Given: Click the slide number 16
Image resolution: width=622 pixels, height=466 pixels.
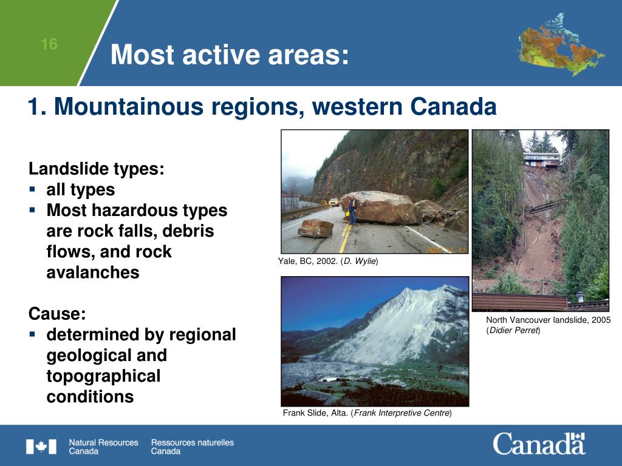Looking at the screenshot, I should pyautogui.click(x=49, y=44).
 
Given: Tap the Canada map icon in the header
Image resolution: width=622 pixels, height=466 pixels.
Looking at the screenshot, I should pyautogui.click(x=560, y=44).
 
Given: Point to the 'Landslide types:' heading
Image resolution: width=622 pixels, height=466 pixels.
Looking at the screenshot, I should pyautogui.click(x=97, y=169).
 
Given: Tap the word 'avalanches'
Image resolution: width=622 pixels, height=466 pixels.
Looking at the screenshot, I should pyautogui.click(x=92, y=272).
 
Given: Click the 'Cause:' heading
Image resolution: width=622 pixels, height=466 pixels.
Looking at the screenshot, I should pyautogui.click(x=57, y=314).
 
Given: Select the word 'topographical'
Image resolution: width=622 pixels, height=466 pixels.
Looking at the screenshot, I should pyautogui.click(x=103, y=376).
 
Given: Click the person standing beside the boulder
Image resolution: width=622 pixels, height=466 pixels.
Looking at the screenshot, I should pyautogui.click(x=352, y=209).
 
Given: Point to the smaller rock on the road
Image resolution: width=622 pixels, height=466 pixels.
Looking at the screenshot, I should pyautogui.click(x=316, y=228).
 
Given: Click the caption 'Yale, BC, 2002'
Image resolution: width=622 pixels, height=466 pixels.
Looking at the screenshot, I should pyautogui.click(x=308, y=262).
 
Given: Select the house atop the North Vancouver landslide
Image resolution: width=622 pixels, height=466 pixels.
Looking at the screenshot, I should pyautogui.click(x=541, y=159).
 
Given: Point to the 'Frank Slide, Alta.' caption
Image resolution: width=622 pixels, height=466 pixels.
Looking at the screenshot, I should pyautogui.click(x=316, y=413).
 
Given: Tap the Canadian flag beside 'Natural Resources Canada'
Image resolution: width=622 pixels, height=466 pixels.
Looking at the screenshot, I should pyautogui.click(x=41, y=447).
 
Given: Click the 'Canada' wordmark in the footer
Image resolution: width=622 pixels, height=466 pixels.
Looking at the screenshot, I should pyautogui.click(x=538, y=444).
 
